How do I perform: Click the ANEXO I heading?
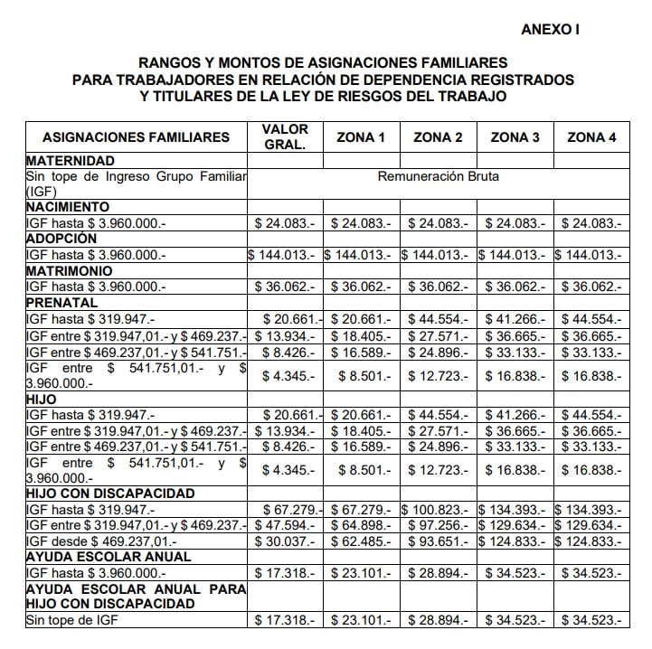click(x=551, y=30)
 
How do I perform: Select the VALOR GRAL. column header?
click(x=285, y=136)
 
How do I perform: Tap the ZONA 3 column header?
click(x=515, y=137)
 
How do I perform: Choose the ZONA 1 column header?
click(x=361, y=137)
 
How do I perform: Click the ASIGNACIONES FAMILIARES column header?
click(x=137, y=137)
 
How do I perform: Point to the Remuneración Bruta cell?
click(x=438, y=176)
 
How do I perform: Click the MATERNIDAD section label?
click(x=69, y=161)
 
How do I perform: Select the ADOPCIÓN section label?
click(x=61, y=239)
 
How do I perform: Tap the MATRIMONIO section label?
click(x=69, y=270)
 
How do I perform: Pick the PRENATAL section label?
click(x=61, y=303)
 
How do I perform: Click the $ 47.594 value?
click(x=285, y=525)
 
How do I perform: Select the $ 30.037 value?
click(x=285, y=541)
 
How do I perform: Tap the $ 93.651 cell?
click(x=438, y=541)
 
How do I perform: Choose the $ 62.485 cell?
click(x=361, y=541)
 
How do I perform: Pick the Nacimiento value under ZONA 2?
click(x=438, y=222)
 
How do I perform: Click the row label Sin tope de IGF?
click(x=72, y=620)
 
